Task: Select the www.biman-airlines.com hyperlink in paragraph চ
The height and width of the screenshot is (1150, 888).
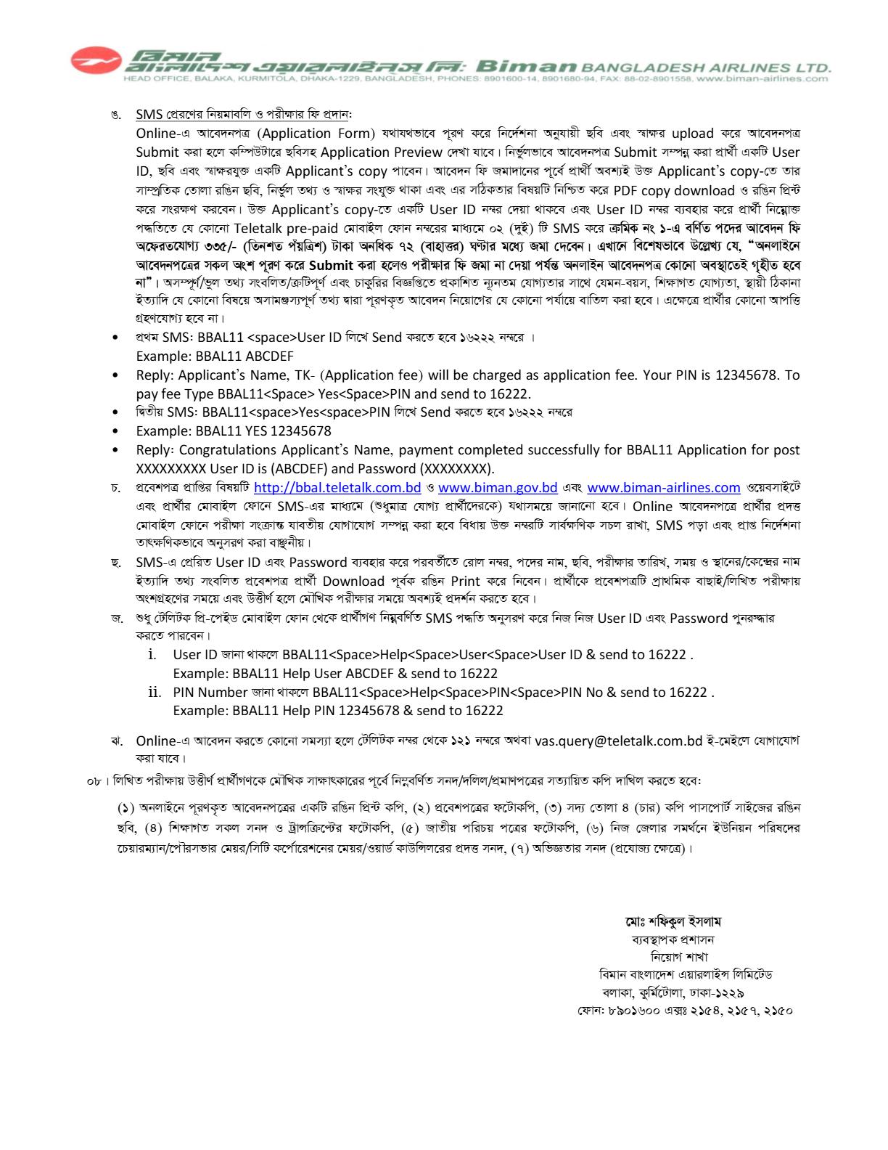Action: [x=663, y=488]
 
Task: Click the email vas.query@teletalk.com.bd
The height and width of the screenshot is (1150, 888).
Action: [x=618, y=741]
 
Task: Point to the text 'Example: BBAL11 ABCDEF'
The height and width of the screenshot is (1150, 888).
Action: [x=215, y=356]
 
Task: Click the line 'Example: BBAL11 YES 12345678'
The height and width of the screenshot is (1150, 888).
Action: [x=234, y=431]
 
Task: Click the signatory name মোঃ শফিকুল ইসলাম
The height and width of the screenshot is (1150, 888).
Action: [x=673, y=922]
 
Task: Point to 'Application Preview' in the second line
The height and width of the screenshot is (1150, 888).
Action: [x=381, y=152]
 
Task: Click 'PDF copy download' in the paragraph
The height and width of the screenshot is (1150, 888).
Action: [x=674, y=190]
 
